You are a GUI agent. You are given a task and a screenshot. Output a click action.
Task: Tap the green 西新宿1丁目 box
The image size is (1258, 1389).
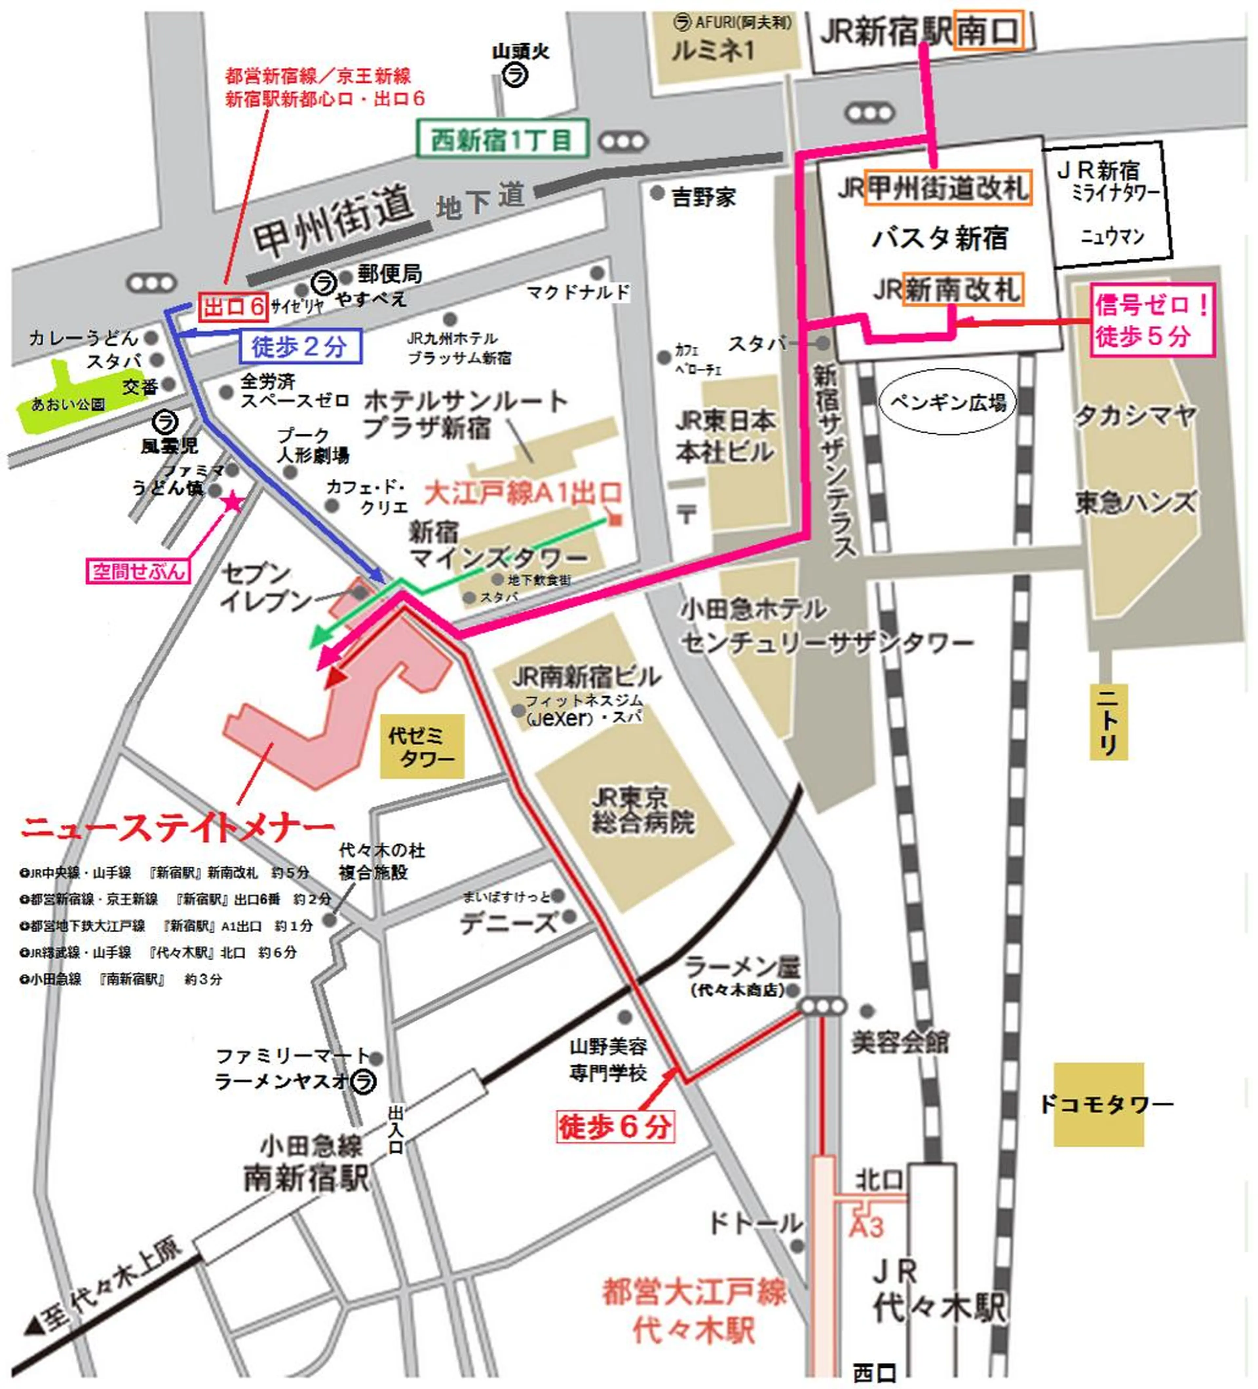(502, 140)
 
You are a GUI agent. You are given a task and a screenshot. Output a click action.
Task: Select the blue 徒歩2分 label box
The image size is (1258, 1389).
(300, 346)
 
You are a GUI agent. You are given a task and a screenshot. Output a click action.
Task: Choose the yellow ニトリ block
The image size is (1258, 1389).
(1108, 722)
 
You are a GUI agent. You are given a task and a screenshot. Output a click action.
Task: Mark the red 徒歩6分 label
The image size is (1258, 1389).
(614, 1126)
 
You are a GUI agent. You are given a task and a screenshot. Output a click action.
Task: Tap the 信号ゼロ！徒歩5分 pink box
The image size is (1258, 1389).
(1152, 320)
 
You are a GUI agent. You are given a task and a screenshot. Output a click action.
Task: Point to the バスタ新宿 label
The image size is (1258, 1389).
(939, 238)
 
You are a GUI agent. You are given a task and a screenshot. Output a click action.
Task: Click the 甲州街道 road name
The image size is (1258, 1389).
(333, 220)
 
